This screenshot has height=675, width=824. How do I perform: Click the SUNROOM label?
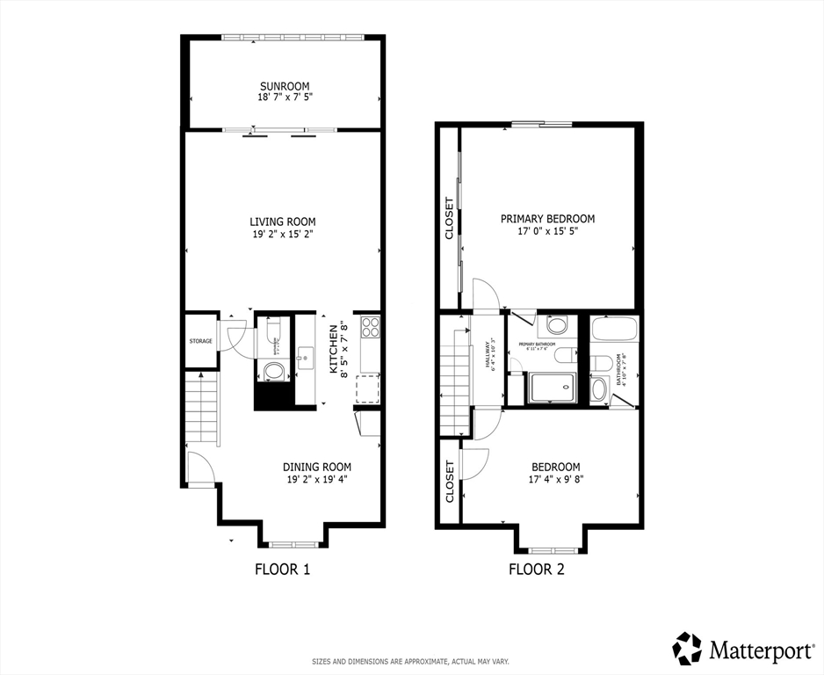coord(285,85)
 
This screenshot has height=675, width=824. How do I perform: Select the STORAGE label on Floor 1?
coord(200,341)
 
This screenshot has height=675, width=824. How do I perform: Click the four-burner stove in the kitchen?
coord(369,327)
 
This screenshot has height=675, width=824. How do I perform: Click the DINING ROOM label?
coord(316,467)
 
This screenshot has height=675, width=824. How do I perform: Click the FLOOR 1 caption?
coord(282,569)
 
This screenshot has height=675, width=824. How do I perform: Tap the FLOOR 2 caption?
coord(536,569)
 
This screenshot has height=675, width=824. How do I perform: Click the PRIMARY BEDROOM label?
coord(547,219)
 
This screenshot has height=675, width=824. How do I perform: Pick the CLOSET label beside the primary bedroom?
coord(449,218)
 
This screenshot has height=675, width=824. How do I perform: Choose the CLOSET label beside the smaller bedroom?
coord(449,481)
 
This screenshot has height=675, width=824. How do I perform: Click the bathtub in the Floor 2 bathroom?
coord(614,329)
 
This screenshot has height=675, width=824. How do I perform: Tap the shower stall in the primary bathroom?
coord(552,388)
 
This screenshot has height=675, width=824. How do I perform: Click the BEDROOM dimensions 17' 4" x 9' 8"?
coord(555,480)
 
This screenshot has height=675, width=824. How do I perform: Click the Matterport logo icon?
coord(688,649)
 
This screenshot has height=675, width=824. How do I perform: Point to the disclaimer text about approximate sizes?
coord(411,661)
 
